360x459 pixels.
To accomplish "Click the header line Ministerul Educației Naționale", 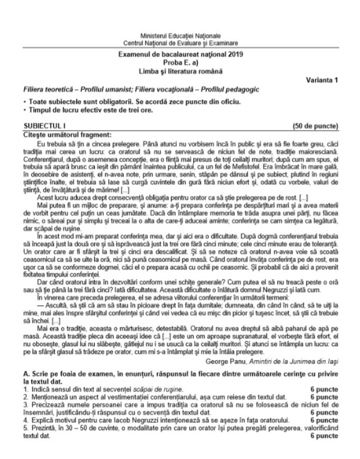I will (x=180, y=35).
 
